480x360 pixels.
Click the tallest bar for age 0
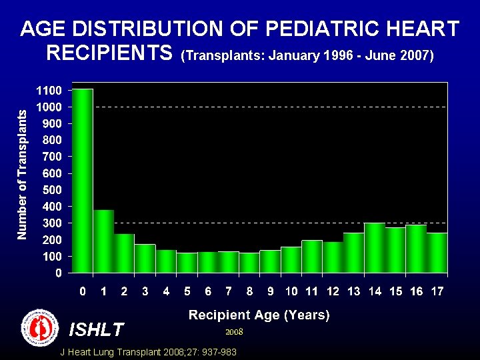pos(83,180)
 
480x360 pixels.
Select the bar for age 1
pos(103,241)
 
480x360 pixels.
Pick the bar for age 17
pos(437,253)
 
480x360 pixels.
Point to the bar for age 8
pos(249,263)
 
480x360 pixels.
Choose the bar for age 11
pos(311,256)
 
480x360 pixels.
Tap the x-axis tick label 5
pos(187,291)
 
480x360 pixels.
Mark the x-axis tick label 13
pos(353,291)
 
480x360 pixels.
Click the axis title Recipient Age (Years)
pos(259,315)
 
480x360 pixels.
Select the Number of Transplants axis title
pos(23,175)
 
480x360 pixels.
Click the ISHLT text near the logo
pos(97,329)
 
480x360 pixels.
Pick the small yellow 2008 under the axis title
pos(234,331)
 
